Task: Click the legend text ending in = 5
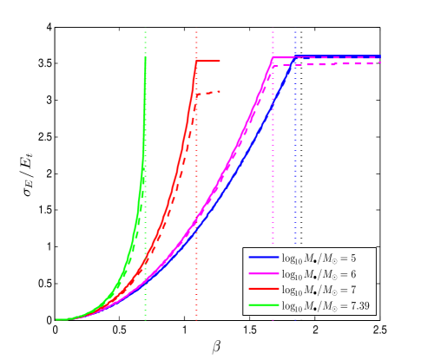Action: coord(319,259)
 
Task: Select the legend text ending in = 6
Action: coord(319,274)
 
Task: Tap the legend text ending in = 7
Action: coord(319,290)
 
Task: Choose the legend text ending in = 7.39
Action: coord(324,305)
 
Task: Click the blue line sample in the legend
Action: coord(263,259)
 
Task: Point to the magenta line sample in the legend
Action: coord(263,274)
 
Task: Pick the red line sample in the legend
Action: coord(263,290)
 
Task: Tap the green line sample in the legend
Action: coord(263,305)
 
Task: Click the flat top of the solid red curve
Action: coord(208,61)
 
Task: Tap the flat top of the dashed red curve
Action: coord(209,92)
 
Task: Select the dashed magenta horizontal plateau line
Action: coord(339,64)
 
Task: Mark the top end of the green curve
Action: coord(145,58)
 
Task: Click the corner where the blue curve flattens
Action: coord(295,57)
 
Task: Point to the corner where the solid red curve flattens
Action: coord(197,61)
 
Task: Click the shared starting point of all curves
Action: coord(57,319)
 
